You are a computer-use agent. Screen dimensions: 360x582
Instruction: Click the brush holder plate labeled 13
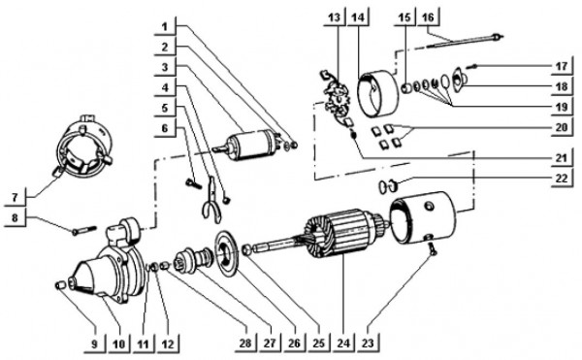tap(336, 103)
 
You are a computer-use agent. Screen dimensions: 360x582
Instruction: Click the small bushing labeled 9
tap(61, 285)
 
